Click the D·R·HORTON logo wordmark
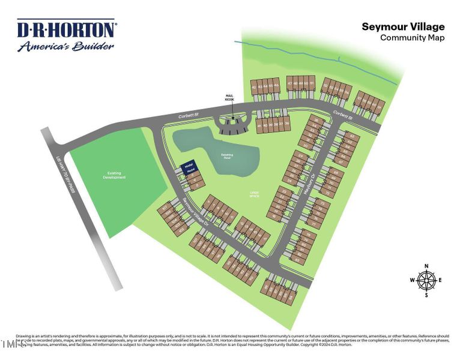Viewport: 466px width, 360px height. pyautogui.click(x=66, y=29)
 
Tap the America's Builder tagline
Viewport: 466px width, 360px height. pyautogui.click(x=65, y=46)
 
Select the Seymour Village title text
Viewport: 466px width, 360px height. pyautogui.click(x=403, y=26)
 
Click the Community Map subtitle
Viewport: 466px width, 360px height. pyautogui.click(x=412, y=37)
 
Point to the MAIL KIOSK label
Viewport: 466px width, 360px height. pyautogui.click(x=229, y=97)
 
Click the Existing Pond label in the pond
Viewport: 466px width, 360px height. pyautogui.click(x=227, y=155)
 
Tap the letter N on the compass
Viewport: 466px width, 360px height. pyautogui.click(x=426, y=266)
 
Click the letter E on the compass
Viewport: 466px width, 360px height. pyautogui.click(x=440, y=280)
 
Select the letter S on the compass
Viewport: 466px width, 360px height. pyautogui.click(x=426, y=295)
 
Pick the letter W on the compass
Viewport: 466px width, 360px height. pyautogui.click(x=413, y=280)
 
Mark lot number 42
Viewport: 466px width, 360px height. pyautogui.click(x=255, y=88)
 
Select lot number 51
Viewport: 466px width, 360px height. pyautogui.click(x=312, y=83)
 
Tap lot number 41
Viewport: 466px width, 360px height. pyautogui.click(x=259, y=125)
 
